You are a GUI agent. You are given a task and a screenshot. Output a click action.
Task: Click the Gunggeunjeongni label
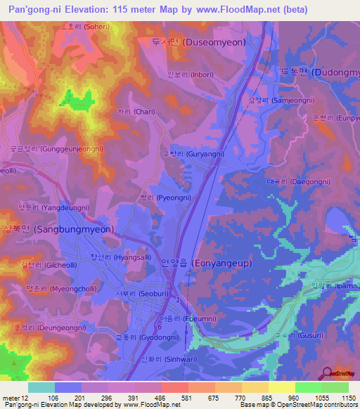(x=56, y=149)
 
